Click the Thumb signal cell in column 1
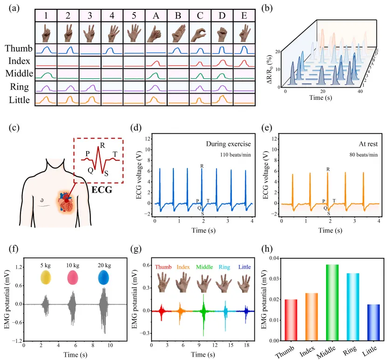[x=46, y=49]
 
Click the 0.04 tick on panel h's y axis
[x=265, y=258]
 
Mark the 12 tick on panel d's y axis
[x=148, y=138]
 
